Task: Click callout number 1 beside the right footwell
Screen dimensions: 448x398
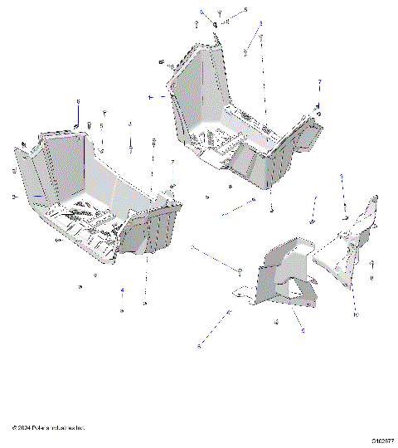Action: point(150,97)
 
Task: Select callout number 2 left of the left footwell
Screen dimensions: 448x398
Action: point(13,197)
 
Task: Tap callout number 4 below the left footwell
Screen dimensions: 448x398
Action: point(122,290)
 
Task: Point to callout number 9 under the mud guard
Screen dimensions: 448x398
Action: point(303,329)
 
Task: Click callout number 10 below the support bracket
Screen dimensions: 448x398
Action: point(355,315)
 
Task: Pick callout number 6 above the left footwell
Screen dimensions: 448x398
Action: point(78,101)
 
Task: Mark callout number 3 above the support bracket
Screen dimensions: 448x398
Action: point(341,177)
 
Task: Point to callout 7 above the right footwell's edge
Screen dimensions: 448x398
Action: point(318,81)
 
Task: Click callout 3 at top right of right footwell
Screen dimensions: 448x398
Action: point(260,24)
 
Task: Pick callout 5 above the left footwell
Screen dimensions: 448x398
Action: point(101,126)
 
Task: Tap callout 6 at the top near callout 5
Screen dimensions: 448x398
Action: point(201,12)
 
